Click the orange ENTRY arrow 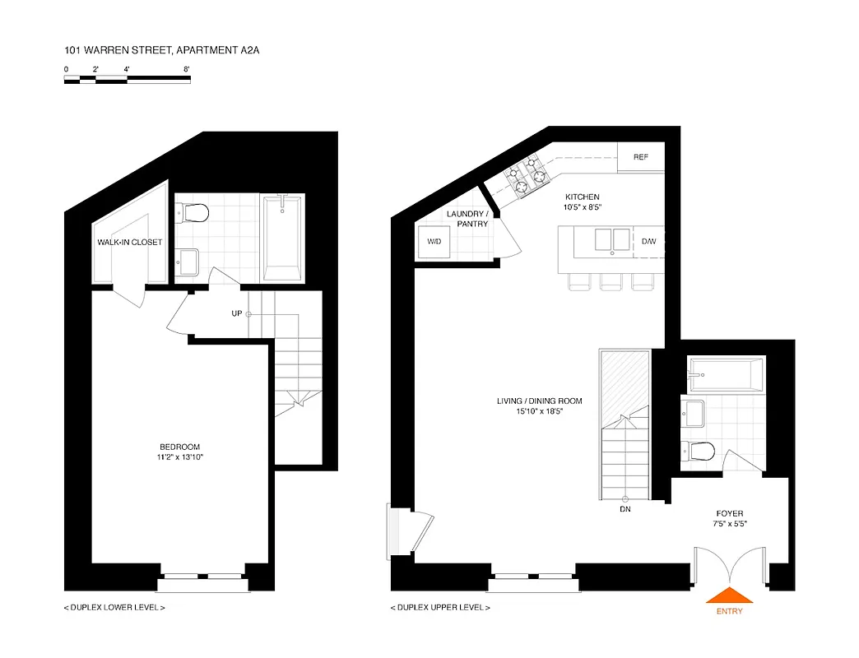(x=730, y=596)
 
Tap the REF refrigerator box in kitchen (x=641, y=157)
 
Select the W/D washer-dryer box (x=434, y=242)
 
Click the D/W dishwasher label (x=649, y=241)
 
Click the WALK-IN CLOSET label (x=130, y=242)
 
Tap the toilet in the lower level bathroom (x=194, y=214)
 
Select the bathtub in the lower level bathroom (x=282, y=237)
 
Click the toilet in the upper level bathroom (x=699, y=450)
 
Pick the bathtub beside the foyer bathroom (x=727, y=373)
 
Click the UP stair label (x=236, y=313)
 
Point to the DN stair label (x=626, y=510)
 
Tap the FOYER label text (x=730, y=514)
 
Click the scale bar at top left (x=128, y=79)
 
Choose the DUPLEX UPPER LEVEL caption (x=440, y=608)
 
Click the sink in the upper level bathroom (x=693, y=411)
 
